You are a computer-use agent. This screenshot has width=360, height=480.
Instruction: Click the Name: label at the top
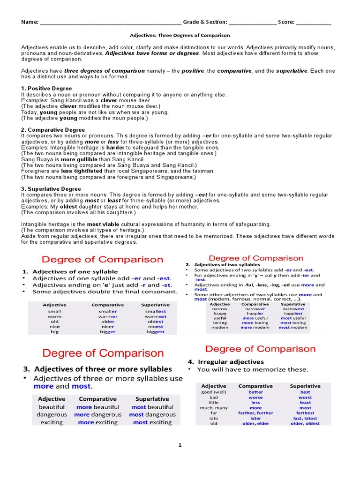(x=30, y=22)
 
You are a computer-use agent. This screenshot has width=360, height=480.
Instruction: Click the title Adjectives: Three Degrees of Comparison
(x=180, y=35)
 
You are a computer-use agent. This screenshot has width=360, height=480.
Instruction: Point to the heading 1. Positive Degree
(x=46, y=89)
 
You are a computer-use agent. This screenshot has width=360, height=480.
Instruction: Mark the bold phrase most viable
(x=104, y=225)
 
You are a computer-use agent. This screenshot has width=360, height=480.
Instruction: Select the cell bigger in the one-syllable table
(x=108, y=331)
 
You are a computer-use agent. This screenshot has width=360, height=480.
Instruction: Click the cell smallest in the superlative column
(x=155, y=311)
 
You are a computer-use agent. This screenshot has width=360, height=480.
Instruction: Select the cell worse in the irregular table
(x=256, y=397)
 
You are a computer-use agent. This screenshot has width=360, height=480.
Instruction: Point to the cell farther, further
(x=256, y=413)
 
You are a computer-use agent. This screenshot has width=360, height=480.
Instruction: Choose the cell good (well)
(x=214, y=392)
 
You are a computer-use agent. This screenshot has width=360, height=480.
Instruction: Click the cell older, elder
(x=256, y=423)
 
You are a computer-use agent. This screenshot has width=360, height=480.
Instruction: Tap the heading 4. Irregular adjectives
(x=225, y=362)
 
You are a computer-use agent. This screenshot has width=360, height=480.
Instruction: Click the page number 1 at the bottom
(x=180, y=445)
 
